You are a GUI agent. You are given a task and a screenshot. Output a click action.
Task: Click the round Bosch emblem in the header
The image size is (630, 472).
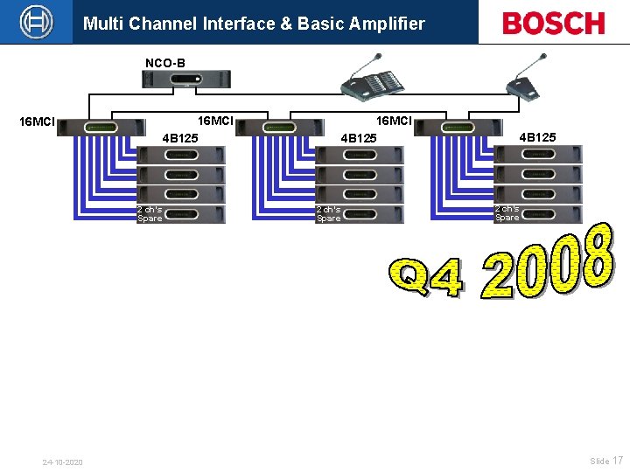coord(37,22)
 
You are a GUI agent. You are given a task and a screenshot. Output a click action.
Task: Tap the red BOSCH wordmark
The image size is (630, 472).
coord(553,23)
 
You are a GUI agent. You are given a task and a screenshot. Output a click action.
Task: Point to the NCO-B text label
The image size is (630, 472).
coord(164,63)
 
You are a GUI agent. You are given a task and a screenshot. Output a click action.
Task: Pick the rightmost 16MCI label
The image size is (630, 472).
coord(394,121)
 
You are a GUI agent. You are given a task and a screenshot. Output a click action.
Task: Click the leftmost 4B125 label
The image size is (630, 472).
coord(180,138)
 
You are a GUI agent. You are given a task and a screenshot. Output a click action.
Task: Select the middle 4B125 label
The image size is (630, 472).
coord(358,138)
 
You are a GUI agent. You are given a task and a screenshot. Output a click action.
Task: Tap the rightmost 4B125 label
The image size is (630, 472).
coord(537,136)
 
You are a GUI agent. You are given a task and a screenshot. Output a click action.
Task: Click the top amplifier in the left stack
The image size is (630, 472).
coord(181,156)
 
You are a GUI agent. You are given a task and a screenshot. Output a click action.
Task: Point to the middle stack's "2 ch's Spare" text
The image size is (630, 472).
coord(329,214)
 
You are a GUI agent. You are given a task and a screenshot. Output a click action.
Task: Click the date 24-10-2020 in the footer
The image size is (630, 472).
coord(63,462)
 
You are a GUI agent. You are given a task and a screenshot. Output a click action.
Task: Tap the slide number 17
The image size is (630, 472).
coord(618,461)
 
